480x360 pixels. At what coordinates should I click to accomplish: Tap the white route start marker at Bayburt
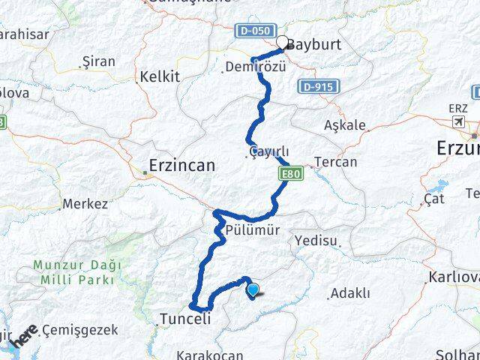(282, 43)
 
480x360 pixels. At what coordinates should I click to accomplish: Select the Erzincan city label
(182, 165)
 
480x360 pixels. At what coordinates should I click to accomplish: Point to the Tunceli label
(184, 319)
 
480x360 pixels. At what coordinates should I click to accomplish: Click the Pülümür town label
(257, 232)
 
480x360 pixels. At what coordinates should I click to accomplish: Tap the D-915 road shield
(317, 88)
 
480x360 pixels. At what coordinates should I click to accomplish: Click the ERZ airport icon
(458, 121)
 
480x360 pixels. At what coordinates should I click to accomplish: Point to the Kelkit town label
(158, 76)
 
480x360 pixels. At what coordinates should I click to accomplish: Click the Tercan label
(336, 162)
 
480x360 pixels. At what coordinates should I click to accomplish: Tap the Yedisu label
(317, 241)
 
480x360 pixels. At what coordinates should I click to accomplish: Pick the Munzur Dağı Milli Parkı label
(73, 272)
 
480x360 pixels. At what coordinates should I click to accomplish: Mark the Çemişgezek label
(79, 328)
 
